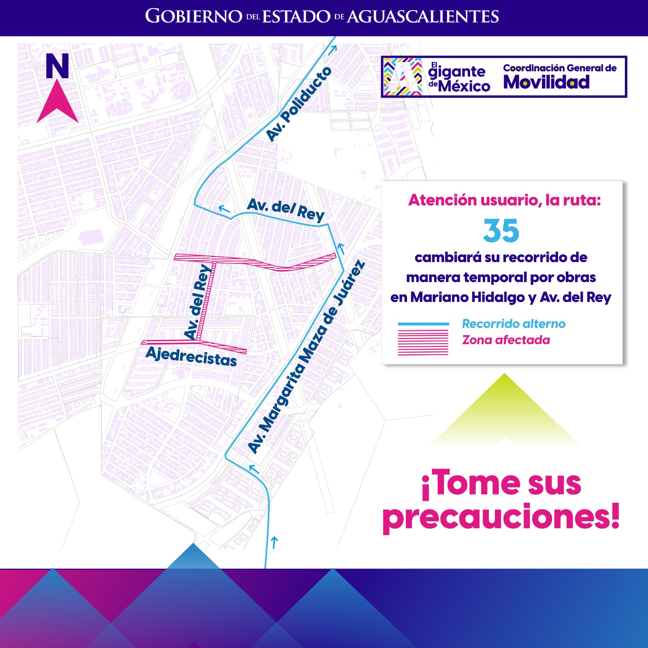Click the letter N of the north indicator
click(x=57, y=66)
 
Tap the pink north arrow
click(x=58, y=102)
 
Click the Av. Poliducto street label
click(x=299, y=104)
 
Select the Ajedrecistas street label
click(x=191, y=357)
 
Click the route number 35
click(x=501, y=231)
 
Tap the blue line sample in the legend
click(x=423, y=324)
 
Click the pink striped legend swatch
click(x=423, y=342)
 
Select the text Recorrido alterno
click(x=514, y=324)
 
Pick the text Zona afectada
click(x=506, y=340)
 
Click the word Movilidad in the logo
click(x=546, y=82)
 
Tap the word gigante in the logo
click(x=457, y=72)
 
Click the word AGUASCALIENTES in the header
click(x=423, y=17)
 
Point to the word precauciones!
click(x=501, y=516)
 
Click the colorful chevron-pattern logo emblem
click(x=403, y=77)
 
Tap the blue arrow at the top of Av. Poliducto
click(x=333, y=50)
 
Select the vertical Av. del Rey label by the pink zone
click(x=198, y=302)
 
